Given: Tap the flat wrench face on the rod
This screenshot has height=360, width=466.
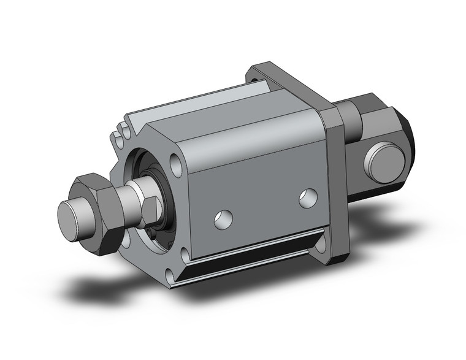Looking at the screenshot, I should (149, 208).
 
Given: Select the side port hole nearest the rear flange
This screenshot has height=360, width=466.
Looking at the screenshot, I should (307, 197).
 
